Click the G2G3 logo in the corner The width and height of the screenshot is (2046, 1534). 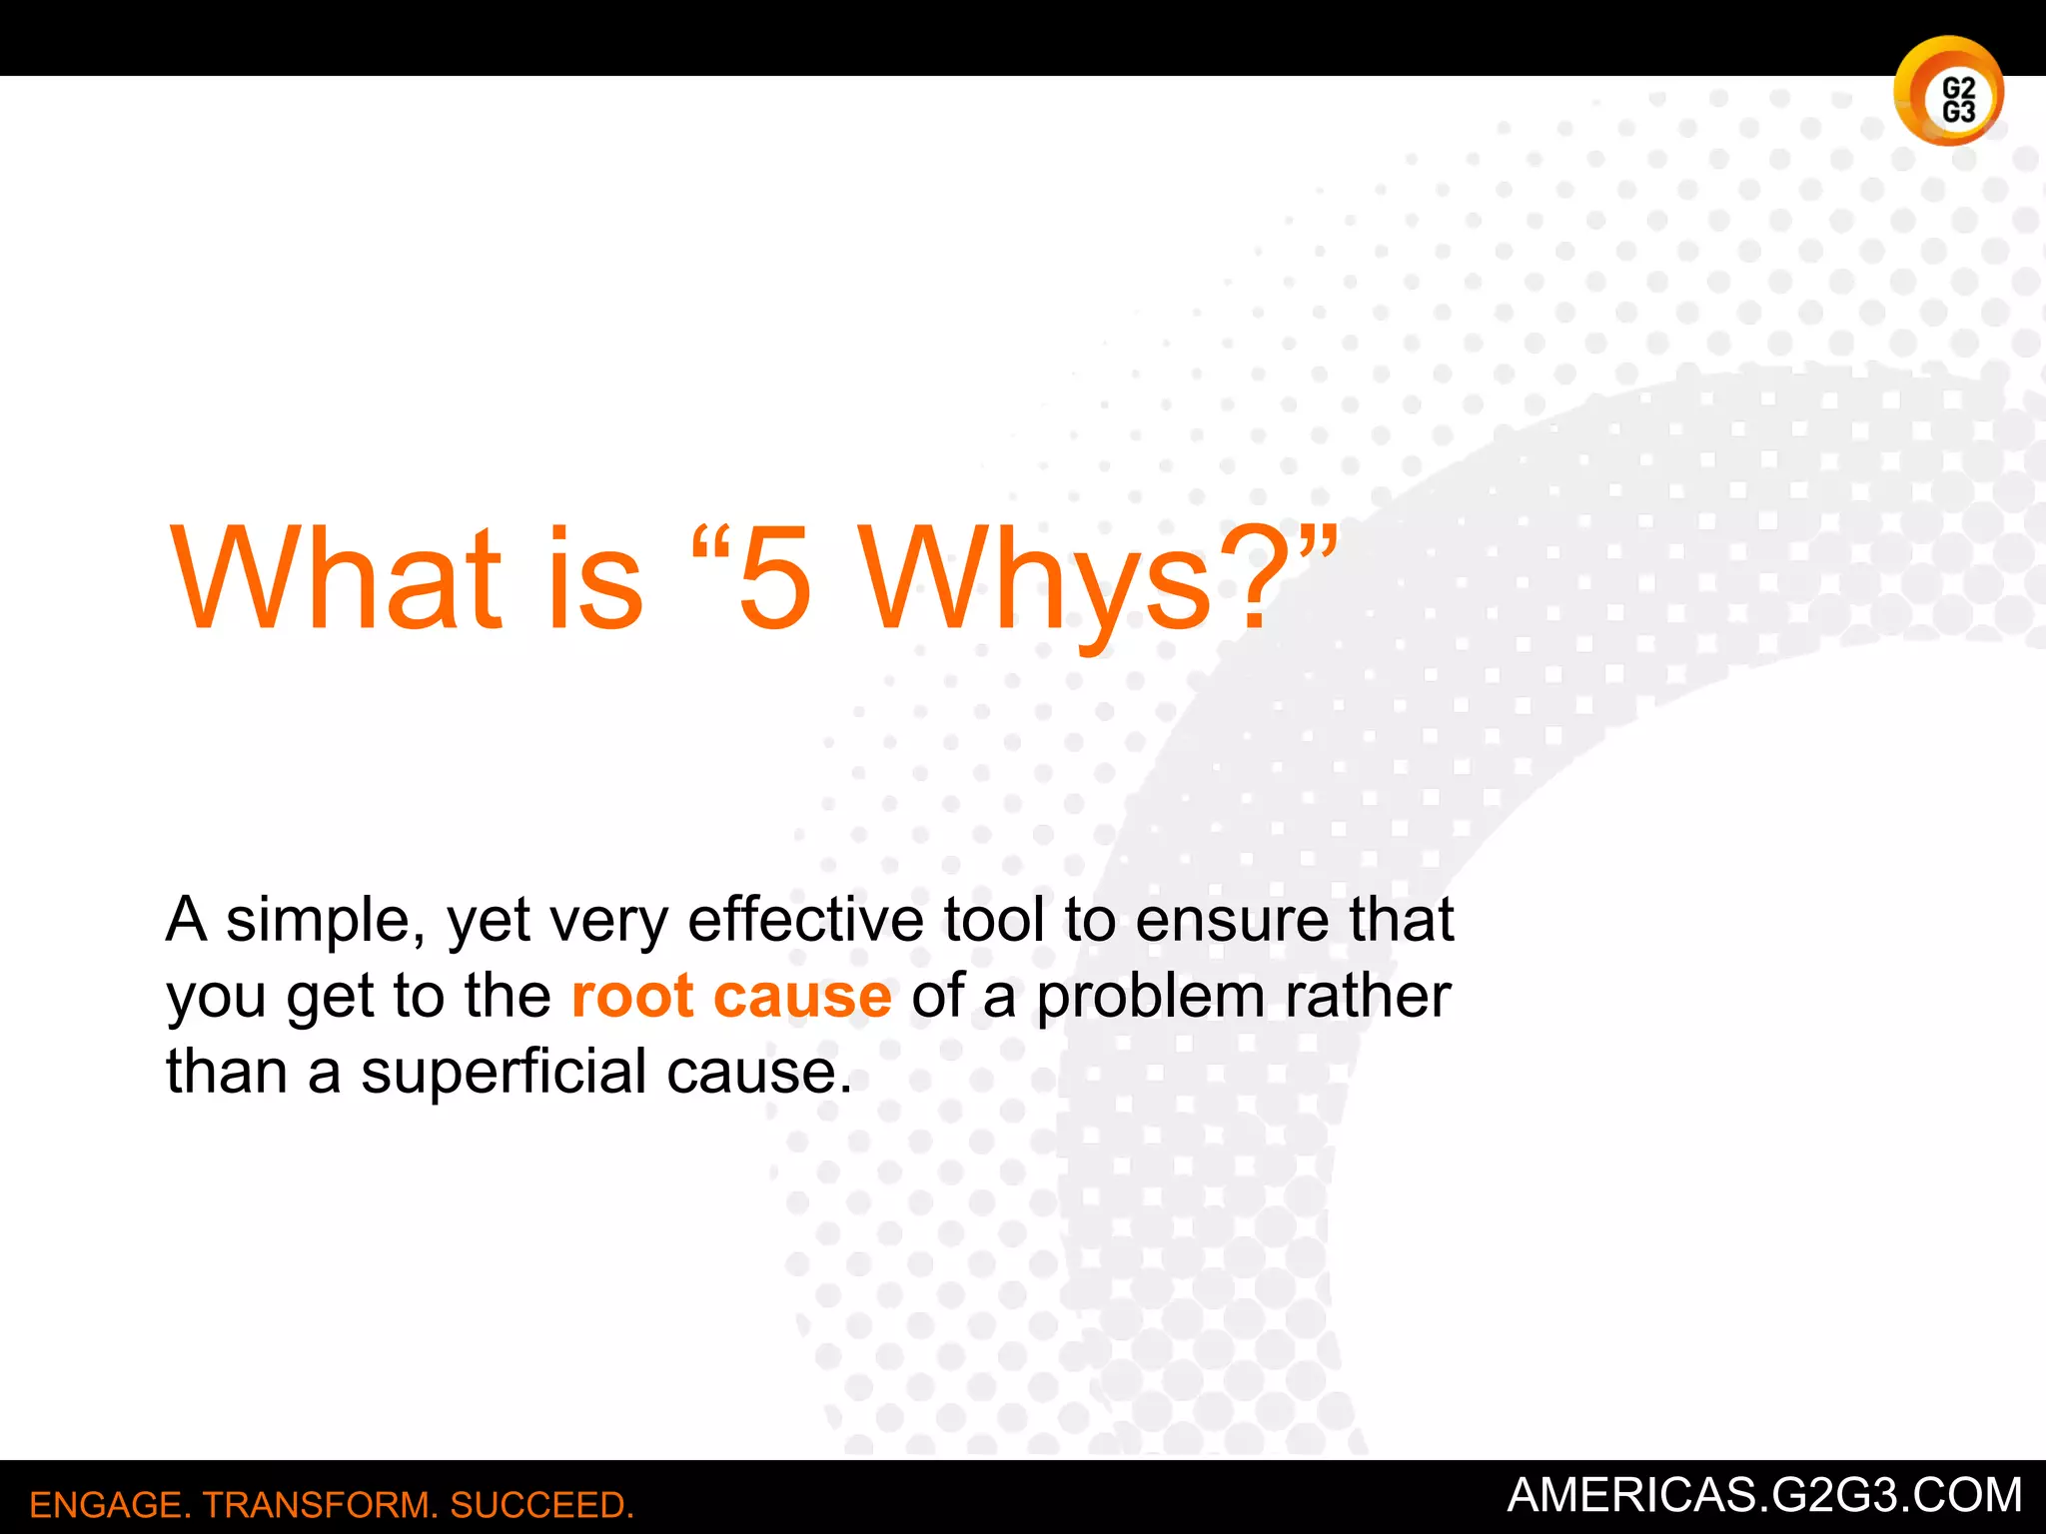[x=1948, y=92]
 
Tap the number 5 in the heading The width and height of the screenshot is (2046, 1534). [x=773, y=581]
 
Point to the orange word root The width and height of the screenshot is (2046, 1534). [x=631, y=996]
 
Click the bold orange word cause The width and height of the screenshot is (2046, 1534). [x=801, y=998]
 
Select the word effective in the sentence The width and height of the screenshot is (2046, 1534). [x=805, y=919]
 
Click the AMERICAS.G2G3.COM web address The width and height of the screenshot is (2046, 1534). [x=1764, y=1495]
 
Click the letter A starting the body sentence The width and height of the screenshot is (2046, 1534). [x=187, y=919]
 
